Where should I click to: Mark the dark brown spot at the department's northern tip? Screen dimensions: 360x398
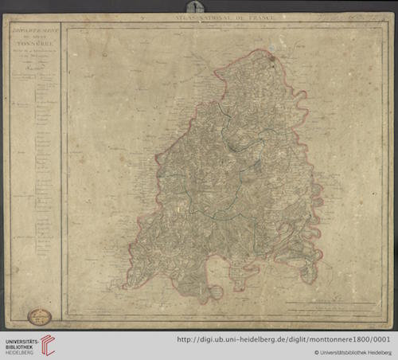point(271,57)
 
